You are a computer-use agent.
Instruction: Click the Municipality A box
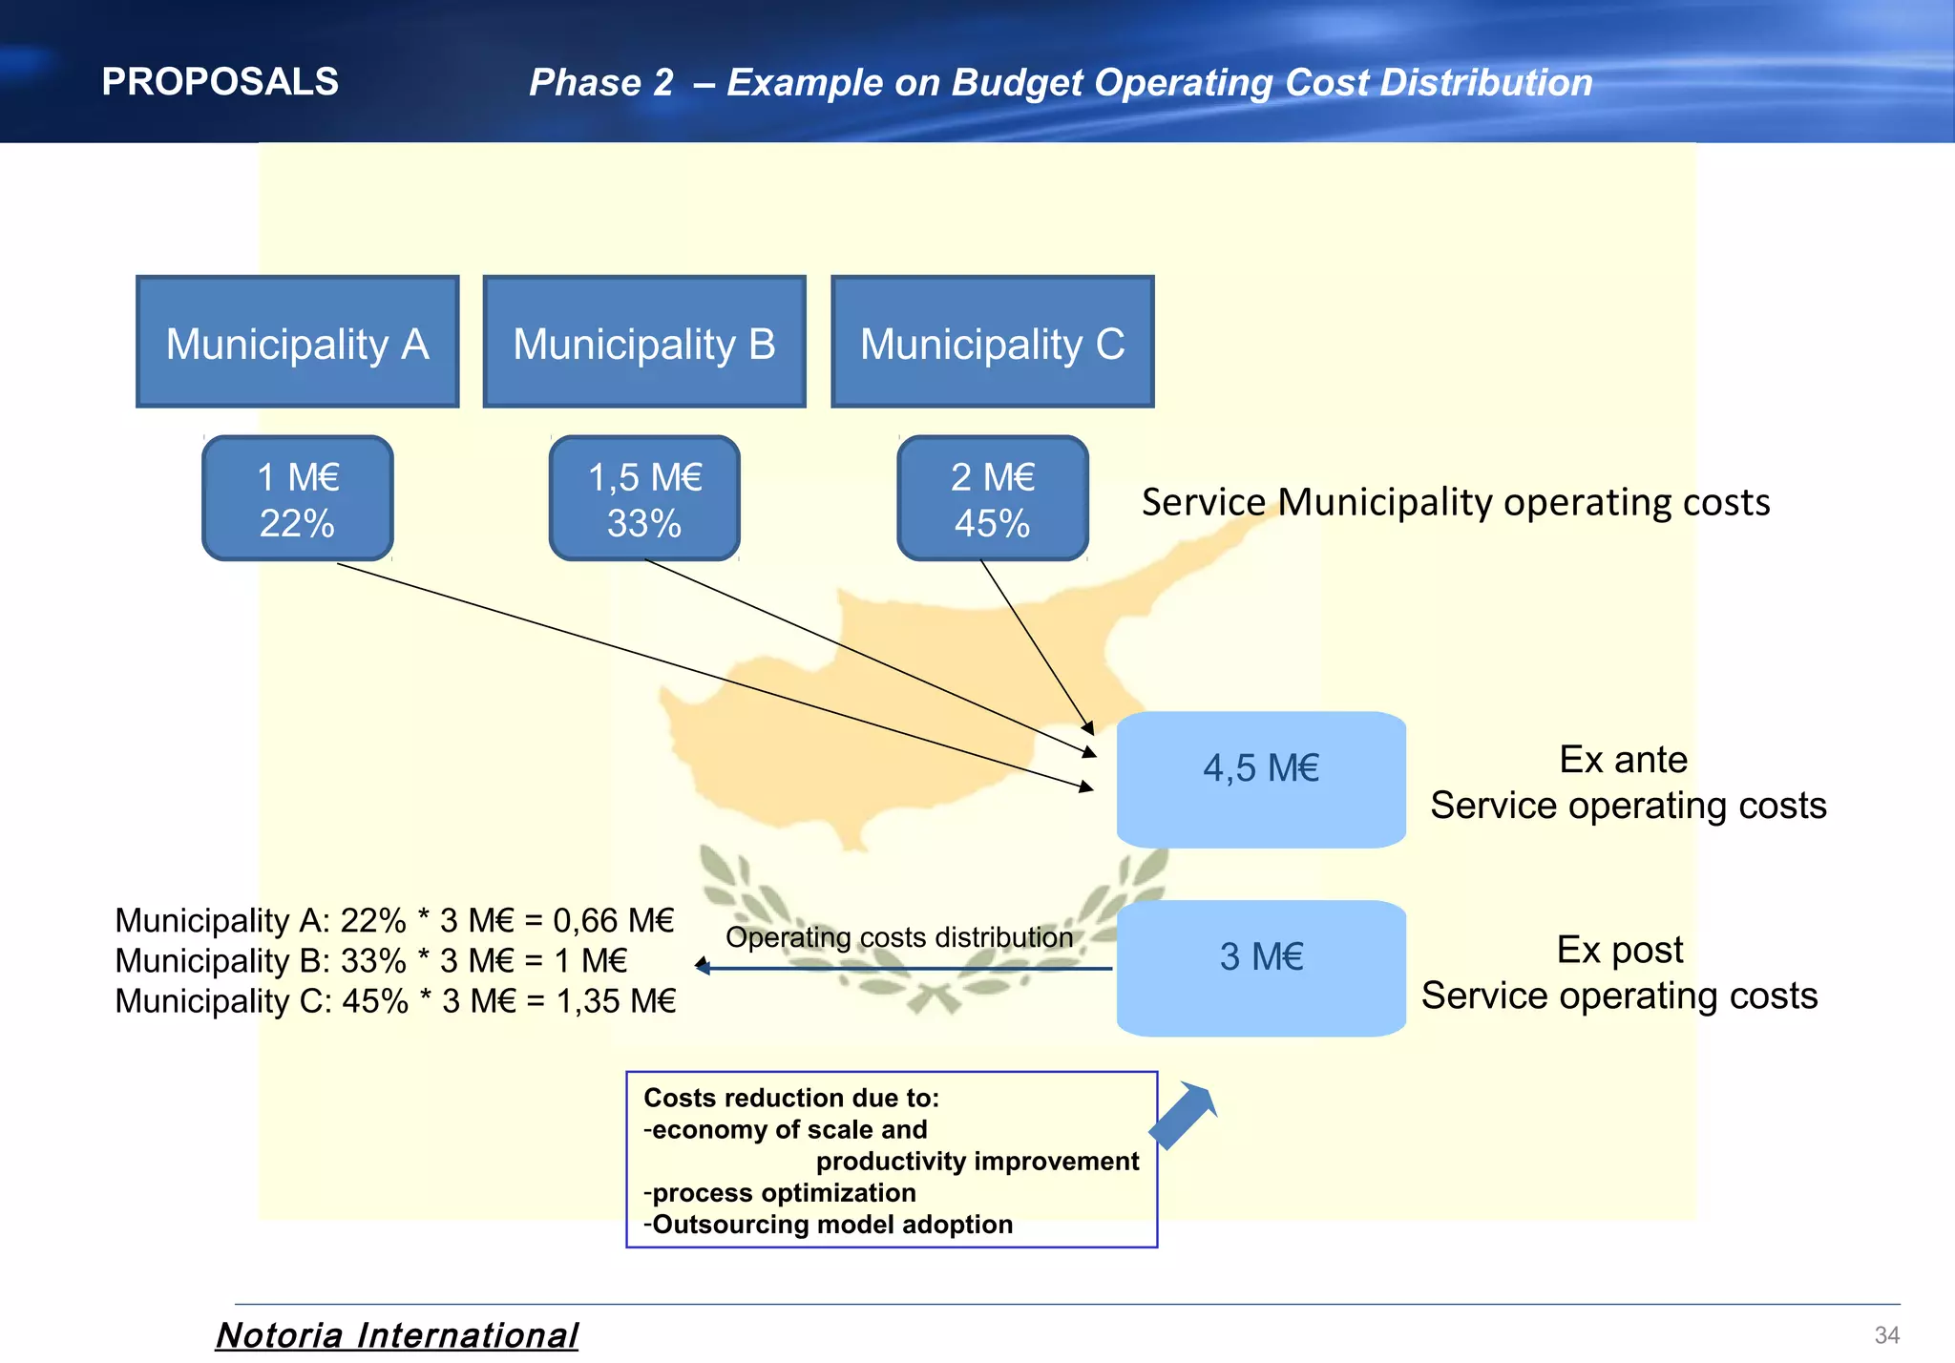click(x=297, y=342)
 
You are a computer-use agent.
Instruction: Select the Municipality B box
click(x=644, y=342)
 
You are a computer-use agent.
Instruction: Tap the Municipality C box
click(x=992, y=342)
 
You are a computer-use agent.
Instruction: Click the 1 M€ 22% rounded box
click(x=297, y=498)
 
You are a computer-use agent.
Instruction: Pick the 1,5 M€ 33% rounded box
click(x=644, y=498)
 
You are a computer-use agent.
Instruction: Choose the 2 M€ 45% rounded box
click(x=992, y=498)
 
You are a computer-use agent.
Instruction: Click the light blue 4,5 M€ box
click(x=1260, y=779)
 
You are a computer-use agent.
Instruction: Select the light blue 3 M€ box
click(x=1260, y=968)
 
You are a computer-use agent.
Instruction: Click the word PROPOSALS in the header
click(x=220, y=82)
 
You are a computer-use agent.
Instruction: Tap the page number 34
click(x=1886, y=1334)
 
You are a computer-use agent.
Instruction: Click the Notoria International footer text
click(x=396, y=1334)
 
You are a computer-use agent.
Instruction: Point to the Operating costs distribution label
click(x=899, y=937)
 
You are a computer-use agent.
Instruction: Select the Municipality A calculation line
click(x=394, y=920)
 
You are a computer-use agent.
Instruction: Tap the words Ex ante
click(x=1623, y=760)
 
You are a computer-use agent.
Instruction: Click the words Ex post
click(x=1620, y=950)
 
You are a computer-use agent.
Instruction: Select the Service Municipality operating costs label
click(x=1456, y=502)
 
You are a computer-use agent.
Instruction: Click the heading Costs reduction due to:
click(x=791, y=1098)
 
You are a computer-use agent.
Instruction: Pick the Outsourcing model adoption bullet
click(x=829, y=1225)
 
